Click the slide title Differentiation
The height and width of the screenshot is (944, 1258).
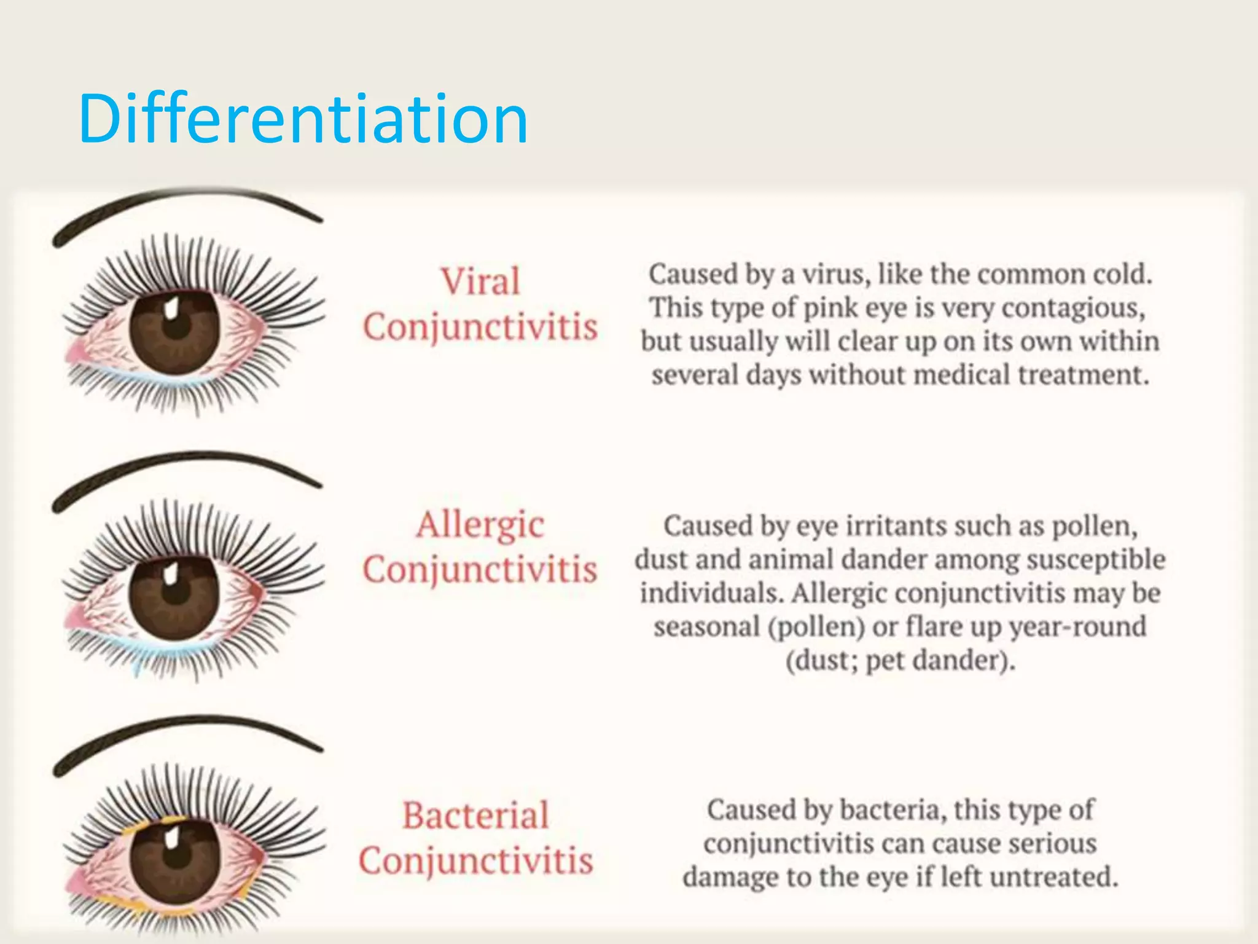(x=303, y=119)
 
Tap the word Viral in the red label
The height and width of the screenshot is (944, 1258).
(x=480, y=281)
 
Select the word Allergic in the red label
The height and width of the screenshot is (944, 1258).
(x=480, y=525)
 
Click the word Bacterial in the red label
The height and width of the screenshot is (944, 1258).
(x=475, y=816)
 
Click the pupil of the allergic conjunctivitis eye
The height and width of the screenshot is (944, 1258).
(x=176, y=595)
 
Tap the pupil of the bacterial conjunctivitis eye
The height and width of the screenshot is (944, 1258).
(x=176, y=857)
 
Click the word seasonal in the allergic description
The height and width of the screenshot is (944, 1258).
(x=706, y=627)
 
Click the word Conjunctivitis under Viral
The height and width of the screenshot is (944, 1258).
(x=480, y=327)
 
